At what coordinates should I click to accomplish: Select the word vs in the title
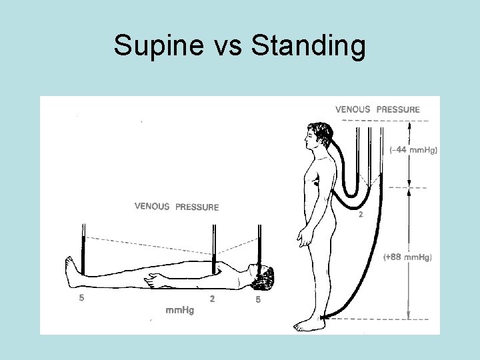(227, 47)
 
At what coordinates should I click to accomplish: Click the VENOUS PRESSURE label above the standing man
(377, 109)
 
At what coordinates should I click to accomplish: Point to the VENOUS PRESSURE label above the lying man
(177, 207)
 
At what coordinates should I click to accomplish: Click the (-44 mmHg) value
(413, 151)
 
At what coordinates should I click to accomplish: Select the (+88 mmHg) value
(409, 257)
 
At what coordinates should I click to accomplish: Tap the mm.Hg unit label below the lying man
(179, 311)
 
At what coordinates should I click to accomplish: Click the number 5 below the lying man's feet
(81, 299)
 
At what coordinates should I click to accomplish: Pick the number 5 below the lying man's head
(258, 300)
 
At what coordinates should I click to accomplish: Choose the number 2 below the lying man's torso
(213, 299)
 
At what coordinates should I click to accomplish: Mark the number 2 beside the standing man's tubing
(361, 215)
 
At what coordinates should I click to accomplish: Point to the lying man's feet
(71, 270)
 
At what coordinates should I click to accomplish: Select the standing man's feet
(309, 325)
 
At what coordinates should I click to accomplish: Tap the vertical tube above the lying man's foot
(83, 247)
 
